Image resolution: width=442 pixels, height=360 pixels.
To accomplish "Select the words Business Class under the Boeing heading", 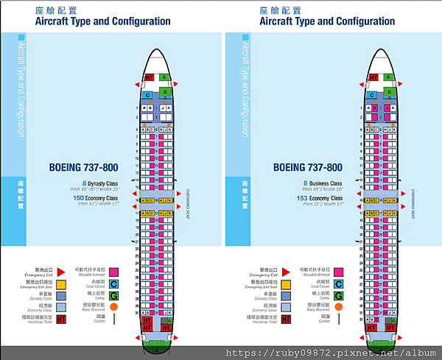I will [327, 183].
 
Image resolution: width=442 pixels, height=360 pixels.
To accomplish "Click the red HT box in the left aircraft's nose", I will [148, 77].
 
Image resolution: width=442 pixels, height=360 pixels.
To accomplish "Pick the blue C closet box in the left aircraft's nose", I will [148, 95].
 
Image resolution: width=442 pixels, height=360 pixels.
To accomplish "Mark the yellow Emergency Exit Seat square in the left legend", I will [62, 283].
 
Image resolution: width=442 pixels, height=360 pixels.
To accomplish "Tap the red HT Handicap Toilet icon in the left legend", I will [62, 319].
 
